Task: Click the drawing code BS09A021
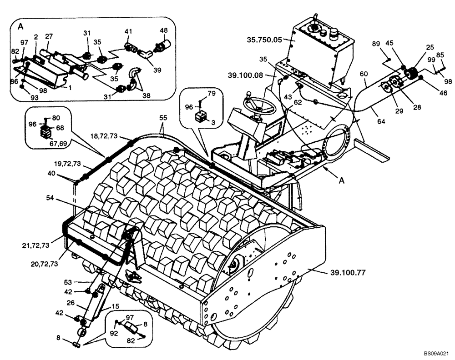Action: point(437,352)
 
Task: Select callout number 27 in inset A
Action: point(49,36)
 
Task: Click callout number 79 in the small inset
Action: point(212,94)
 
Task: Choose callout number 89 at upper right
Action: point(376,44)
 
